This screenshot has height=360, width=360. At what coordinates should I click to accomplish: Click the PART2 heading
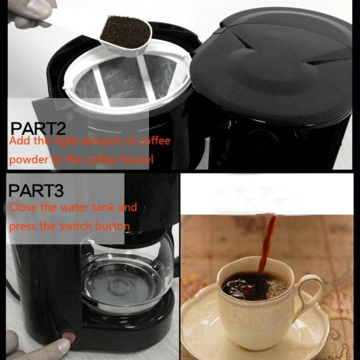(x=38, y=128)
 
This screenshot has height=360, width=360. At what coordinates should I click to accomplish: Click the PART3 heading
(x=36, y=191)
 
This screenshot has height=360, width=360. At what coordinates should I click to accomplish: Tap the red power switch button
(x=69, y=336)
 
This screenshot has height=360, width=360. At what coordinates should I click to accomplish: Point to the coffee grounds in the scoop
(x=125, y=32)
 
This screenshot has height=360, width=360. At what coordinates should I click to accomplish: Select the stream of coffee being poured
(x=267, y=244)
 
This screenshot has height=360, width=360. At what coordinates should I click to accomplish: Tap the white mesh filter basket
(x=127, y=79)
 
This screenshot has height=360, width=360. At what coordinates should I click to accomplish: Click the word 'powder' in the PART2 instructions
(x=29, y=160)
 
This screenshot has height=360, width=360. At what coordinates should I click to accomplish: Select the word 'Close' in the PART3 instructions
(x=23, y=207)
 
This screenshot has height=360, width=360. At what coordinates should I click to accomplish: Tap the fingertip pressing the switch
(x=63, y=346)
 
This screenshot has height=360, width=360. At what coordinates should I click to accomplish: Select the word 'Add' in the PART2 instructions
(x=20, y=140)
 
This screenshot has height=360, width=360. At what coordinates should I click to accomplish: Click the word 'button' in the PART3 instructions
(x=112, y=226)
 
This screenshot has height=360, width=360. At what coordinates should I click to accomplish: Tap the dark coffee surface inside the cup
(x=255, y=286)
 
